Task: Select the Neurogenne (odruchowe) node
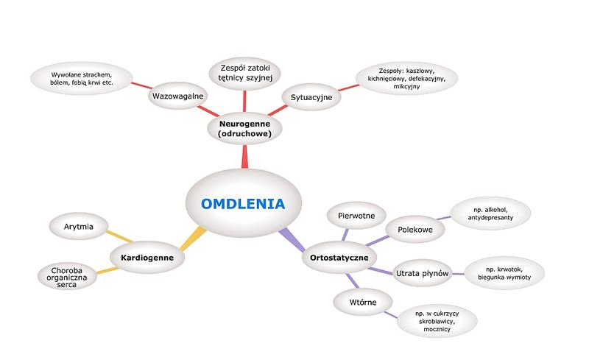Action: [x=244, y=130]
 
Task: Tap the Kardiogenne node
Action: [x=142, y=258]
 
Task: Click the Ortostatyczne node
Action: [x=339, y=258]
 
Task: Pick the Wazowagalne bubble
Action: [x=178, y=96]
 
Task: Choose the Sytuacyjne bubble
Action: [x=311, y=96]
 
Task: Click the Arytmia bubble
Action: [x=79, y=226]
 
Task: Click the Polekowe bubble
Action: [x=415, y=230]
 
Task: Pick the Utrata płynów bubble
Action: [x=423, y=273]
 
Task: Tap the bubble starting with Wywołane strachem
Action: [x=81, y=79]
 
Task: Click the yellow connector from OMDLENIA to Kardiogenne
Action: [x=192, y=238]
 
